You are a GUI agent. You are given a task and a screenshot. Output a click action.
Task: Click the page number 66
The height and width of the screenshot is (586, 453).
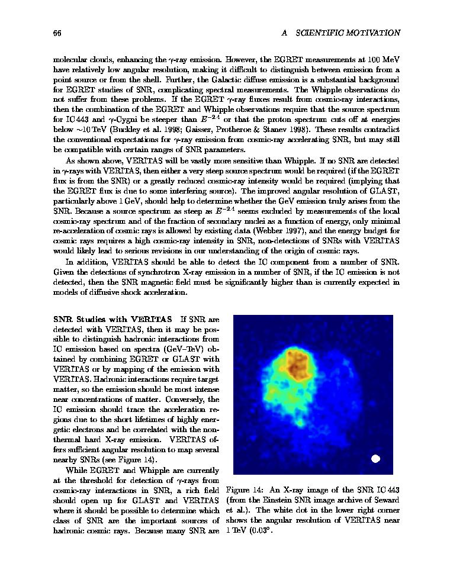[x=57, y=33]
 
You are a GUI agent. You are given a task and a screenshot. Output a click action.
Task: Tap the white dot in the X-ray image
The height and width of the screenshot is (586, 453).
[x=375, y=458]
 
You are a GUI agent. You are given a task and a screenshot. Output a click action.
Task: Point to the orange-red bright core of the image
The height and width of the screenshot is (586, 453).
[x=295, y=363]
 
